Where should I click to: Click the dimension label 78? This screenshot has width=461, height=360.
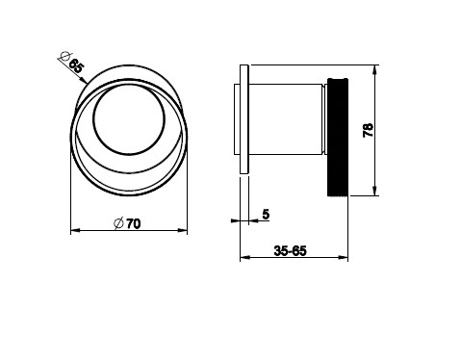pos(368,130)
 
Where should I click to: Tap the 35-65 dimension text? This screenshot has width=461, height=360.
pos(291,250)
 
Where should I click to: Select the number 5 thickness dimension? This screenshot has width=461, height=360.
pos(266,214)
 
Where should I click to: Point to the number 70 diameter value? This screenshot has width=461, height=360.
pos(134,223)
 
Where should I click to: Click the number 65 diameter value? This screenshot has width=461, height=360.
pos(77,66)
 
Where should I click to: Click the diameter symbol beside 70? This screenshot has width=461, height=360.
pos(118,223)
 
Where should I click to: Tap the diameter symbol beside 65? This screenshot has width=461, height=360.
pos(64,57)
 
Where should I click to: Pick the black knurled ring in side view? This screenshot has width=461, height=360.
pos(338,137)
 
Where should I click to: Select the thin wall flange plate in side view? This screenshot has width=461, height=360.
pos(244,119)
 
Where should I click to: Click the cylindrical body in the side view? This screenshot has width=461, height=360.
pos(285,119)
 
